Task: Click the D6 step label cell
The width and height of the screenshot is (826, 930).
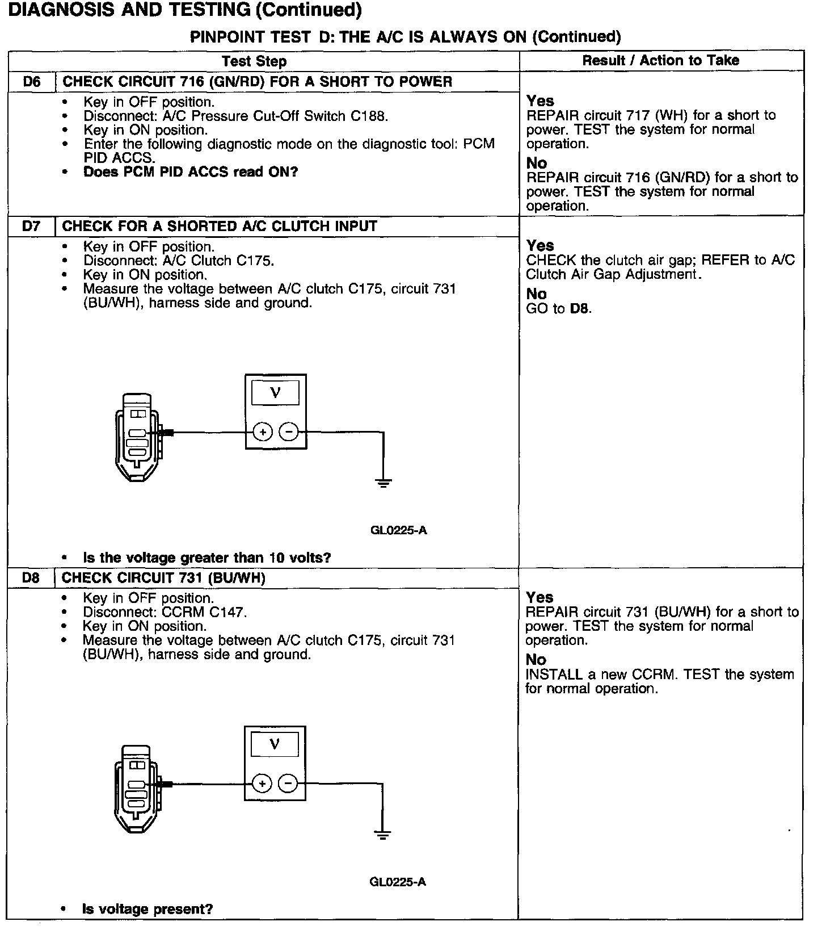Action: pos(32,82)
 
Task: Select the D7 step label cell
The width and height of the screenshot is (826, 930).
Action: pos(32,227)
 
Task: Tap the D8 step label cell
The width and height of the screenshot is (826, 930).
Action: pos(32,578)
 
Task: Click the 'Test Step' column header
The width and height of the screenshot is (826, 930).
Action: pos(254,61)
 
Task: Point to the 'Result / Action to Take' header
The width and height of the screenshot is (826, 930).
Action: pos(661,61)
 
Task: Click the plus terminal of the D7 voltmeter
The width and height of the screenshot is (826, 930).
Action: pos(262,433)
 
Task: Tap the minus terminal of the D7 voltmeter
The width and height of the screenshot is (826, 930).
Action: pos(289,433)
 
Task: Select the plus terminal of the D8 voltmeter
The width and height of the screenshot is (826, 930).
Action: pos(262,784)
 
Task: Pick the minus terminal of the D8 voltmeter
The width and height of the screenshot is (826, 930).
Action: pos(288,784)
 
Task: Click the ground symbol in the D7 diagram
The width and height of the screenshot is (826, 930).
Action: pos(384,484)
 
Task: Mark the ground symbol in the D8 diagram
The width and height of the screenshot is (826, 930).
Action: pos(383,835)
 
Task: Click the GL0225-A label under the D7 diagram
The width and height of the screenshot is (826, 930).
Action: pos(398,531)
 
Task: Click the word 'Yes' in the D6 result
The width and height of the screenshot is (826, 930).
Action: pos(540,101)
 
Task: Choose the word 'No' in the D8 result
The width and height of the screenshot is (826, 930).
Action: pos(536,660)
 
